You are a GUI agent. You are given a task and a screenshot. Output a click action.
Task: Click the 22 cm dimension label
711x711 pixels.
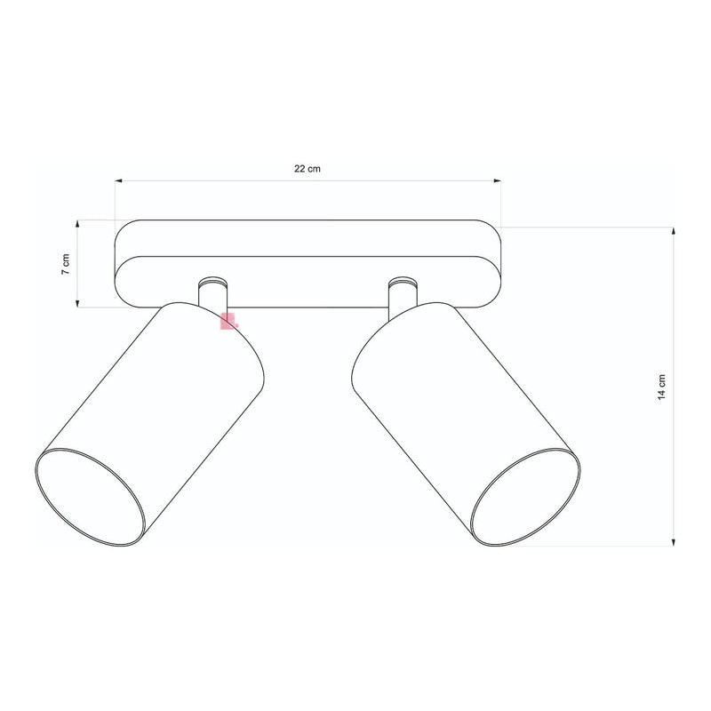tap(307, 169)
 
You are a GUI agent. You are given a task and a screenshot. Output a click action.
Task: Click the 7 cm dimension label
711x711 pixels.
tap(66, 264)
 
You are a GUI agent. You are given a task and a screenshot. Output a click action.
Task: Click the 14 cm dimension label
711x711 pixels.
tap(661, 387)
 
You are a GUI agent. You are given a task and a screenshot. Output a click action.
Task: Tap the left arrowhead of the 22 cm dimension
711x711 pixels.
tap(118, 181)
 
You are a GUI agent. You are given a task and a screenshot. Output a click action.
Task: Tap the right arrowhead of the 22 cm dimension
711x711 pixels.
tap(498, 181)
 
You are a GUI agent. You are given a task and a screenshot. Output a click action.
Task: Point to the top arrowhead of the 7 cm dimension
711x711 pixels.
tap(77, 224)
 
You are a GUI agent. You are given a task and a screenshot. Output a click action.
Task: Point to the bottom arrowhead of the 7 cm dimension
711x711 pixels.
tap(77, 303)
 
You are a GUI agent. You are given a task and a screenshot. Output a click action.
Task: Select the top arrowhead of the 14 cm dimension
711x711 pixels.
tap(674, 231)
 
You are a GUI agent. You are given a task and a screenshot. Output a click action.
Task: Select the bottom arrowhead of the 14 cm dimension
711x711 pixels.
tap(674, 542)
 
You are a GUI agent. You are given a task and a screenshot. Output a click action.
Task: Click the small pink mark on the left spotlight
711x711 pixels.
tap(228, 321)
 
